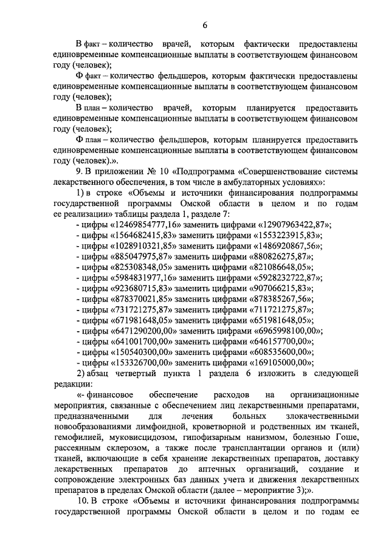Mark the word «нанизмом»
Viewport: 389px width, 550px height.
[x=267, y=438]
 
